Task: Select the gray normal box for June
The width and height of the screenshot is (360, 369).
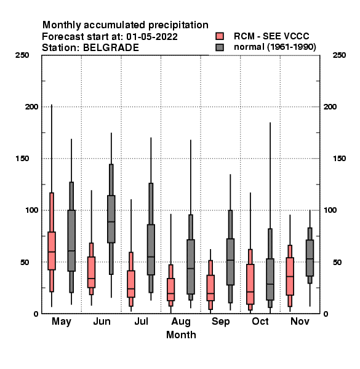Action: tap(111, 219)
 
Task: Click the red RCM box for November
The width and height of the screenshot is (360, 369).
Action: tap(290, 276)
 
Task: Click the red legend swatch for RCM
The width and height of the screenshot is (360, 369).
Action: tap(220, 36)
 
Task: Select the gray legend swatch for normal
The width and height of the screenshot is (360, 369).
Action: tap(220, 47)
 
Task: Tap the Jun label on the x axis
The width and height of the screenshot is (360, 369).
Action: tap(102, 322)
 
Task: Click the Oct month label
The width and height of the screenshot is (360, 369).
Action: tap(260, 321)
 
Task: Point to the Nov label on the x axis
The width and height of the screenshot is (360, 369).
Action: tap(300, 321)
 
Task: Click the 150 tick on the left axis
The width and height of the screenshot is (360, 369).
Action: tap(22, 159)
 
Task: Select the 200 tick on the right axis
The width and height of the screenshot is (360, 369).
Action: tap(330, 106)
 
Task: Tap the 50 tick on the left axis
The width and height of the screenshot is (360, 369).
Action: tap(25, 262)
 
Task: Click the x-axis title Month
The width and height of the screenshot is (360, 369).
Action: tap(181, 335)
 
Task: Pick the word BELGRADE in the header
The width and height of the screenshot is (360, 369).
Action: tap(111, 47)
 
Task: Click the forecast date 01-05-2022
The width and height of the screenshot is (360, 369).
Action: tap(152, 37)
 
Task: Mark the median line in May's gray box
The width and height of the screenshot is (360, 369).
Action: tap(71, 251)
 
